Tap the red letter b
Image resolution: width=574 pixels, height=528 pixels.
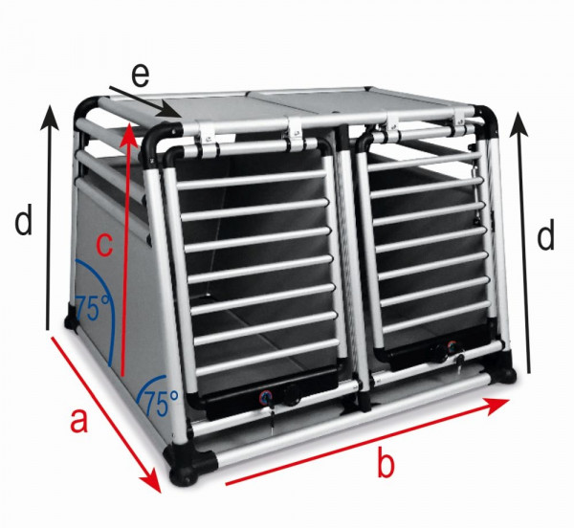385,465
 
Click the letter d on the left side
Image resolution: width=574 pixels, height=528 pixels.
24,223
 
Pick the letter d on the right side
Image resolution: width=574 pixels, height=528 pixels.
545,235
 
